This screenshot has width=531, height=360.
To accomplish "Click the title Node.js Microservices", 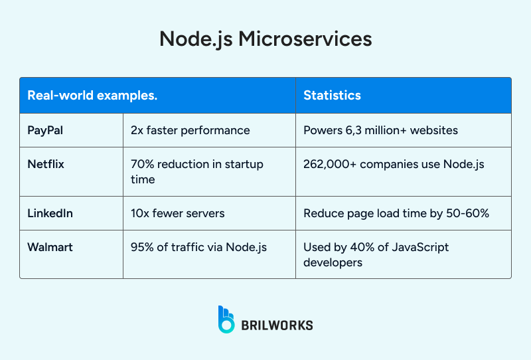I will click(x=265, y=39).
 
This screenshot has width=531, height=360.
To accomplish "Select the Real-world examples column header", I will click(x=92, y=95).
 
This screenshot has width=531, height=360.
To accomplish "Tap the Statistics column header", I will click(x=332, y=95).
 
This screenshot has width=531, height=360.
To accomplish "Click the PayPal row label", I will click(x=45, y=130).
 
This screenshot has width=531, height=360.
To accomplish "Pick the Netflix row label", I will click(x=46, y=164).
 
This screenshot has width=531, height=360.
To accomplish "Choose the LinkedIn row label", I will click(x=50, y=213).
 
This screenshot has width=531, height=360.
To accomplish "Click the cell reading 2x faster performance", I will click(x=190, y=130).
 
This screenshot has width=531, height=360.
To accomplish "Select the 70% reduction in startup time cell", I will click(x=197, y=171).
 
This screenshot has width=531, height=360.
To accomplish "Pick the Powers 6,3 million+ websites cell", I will click(x=380, y=130).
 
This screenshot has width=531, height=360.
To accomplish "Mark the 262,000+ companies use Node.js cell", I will click(x=394, y=164).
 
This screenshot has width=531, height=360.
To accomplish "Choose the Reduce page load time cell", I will click(x=397, y=213).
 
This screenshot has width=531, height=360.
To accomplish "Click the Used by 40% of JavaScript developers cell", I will click(x=376, y=254).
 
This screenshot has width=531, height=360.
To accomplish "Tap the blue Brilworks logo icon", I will click(x=226, y=319).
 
